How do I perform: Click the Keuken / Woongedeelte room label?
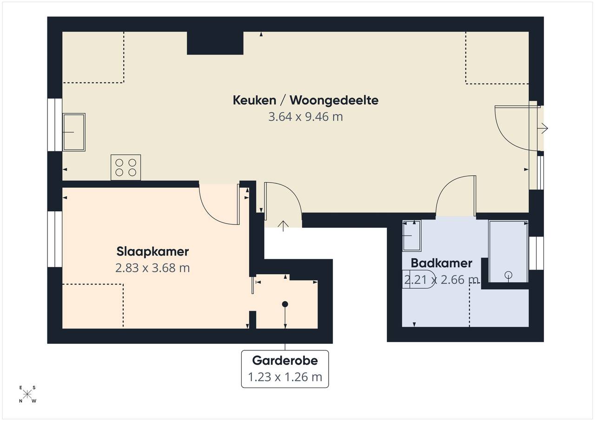point(305,100)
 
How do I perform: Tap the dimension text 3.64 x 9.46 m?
point(305,117)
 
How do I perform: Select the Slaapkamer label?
point(152,252)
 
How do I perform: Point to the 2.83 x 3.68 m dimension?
point(152,268)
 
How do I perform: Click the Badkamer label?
point(442,263)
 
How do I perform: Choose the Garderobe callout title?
point(285,361)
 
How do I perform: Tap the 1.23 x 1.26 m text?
point(285,377)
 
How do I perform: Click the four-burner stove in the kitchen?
point(126,167)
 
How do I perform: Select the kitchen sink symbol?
point(74,132)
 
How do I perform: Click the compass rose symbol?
point(27,395)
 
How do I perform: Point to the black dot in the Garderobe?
point(285,304)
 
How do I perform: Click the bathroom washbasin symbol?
point(412,236)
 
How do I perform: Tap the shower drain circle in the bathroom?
point(509,275)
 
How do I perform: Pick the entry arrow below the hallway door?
point(283,226)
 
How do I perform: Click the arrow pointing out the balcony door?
point(542,128)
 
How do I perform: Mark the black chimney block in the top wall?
point(215,43)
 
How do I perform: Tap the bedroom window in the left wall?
point(55,239)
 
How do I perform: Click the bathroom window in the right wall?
point(536,253)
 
